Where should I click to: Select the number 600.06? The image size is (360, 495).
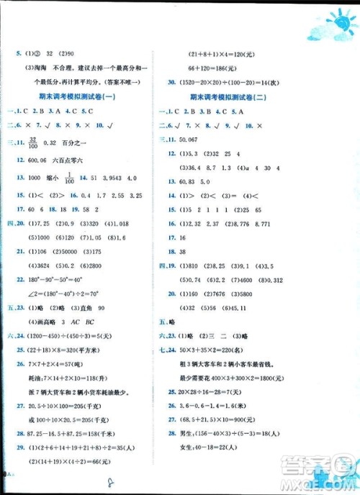tap(38, 161)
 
